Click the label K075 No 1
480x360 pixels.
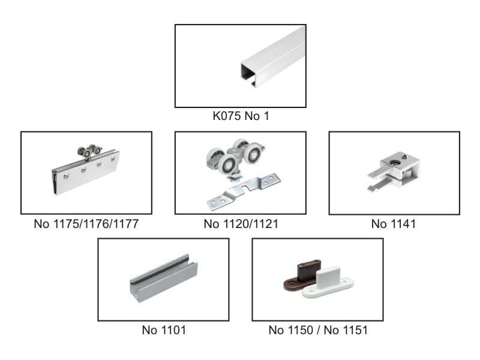point(241,116)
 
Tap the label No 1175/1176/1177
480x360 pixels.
point(86,224)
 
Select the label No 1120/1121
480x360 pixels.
point(241,224)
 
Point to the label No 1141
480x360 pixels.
point(394,224)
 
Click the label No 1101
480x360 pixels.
point(164,330)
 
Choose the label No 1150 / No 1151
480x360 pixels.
point(318,330)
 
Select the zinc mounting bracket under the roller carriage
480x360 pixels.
point(244,191)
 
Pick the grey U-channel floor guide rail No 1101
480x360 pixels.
point(164,278)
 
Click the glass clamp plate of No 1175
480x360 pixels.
point(86,172)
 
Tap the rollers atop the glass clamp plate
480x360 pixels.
point(89,151)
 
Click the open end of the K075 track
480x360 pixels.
point(248,74)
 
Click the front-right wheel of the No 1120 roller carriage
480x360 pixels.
point(253,155)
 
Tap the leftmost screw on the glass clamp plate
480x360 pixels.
point(65,176)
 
